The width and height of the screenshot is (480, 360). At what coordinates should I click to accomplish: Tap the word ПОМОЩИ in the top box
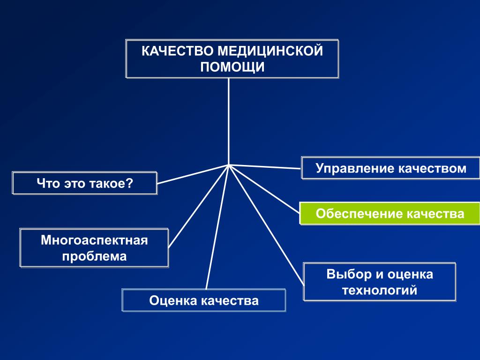pyautogui.click(x=232, y=67)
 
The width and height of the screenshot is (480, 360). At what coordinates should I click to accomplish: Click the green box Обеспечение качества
pyautogui.click(x=390, y=214)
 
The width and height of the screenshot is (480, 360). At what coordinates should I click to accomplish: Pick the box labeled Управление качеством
pyautogui.click(x=390, y=168)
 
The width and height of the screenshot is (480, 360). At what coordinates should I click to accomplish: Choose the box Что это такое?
pyautogui.click(x=85, y=183)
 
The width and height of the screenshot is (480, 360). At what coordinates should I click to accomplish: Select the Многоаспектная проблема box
pyautogui.click(x=94, y=248)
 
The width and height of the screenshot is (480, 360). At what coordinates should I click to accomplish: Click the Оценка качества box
pyautogui.click(x=203, y=300)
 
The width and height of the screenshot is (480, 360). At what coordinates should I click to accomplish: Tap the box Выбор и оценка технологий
pyautogui.click(x=379, y=282)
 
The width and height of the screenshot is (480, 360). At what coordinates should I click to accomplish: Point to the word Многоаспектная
pyautogui.click(x=94, y=241)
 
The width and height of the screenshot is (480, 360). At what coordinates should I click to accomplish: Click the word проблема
pyautogui.click(x=94, y=257)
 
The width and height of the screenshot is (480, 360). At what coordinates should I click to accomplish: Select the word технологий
pyautogui.click(x=379, y=291)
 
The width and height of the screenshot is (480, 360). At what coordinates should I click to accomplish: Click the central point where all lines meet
pyautogui.click(x=229, y=165)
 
